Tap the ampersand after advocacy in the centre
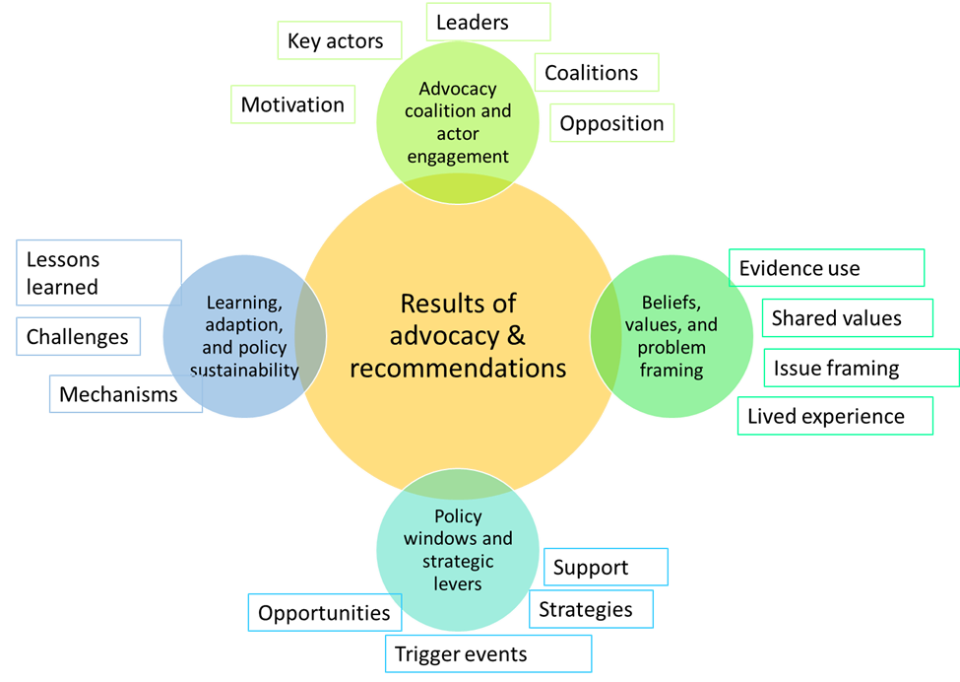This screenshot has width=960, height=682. point(516,335)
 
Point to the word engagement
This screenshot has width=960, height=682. point(458,156)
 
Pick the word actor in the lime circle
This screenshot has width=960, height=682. point(458,133)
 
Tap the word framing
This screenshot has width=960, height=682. point(671,371)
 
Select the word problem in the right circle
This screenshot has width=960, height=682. point(671,348)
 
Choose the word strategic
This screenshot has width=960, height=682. point(458,561)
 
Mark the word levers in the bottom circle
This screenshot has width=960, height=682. point(458,583)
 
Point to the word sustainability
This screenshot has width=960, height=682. point(245,371)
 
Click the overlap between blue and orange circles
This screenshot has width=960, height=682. point(310,336)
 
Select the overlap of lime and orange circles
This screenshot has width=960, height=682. point(458,186)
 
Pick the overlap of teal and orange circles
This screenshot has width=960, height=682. point(458,485)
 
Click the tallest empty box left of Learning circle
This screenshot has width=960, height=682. point(99,272)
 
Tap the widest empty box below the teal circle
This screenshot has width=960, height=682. point(488,653)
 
